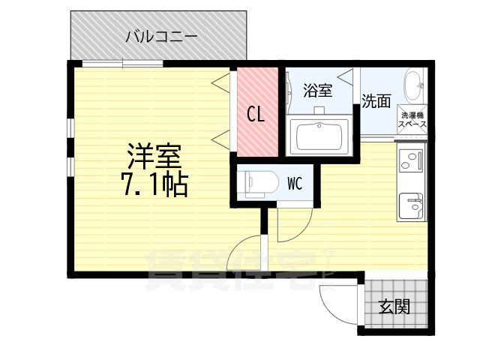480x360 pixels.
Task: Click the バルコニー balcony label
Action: [x=160, y=34]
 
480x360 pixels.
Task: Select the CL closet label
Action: [x=256, y=115]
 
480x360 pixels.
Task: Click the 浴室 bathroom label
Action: [x=318, y=91]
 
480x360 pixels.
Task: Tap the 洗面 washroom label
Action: [x=376, y=100]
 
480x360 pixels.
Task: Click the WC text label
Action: [x=294, y=183]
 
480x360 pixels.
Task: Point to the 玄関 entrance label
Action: [x=394, y=306]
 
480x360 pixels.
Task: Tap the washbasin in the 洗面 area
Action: [x=414, y=86]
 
